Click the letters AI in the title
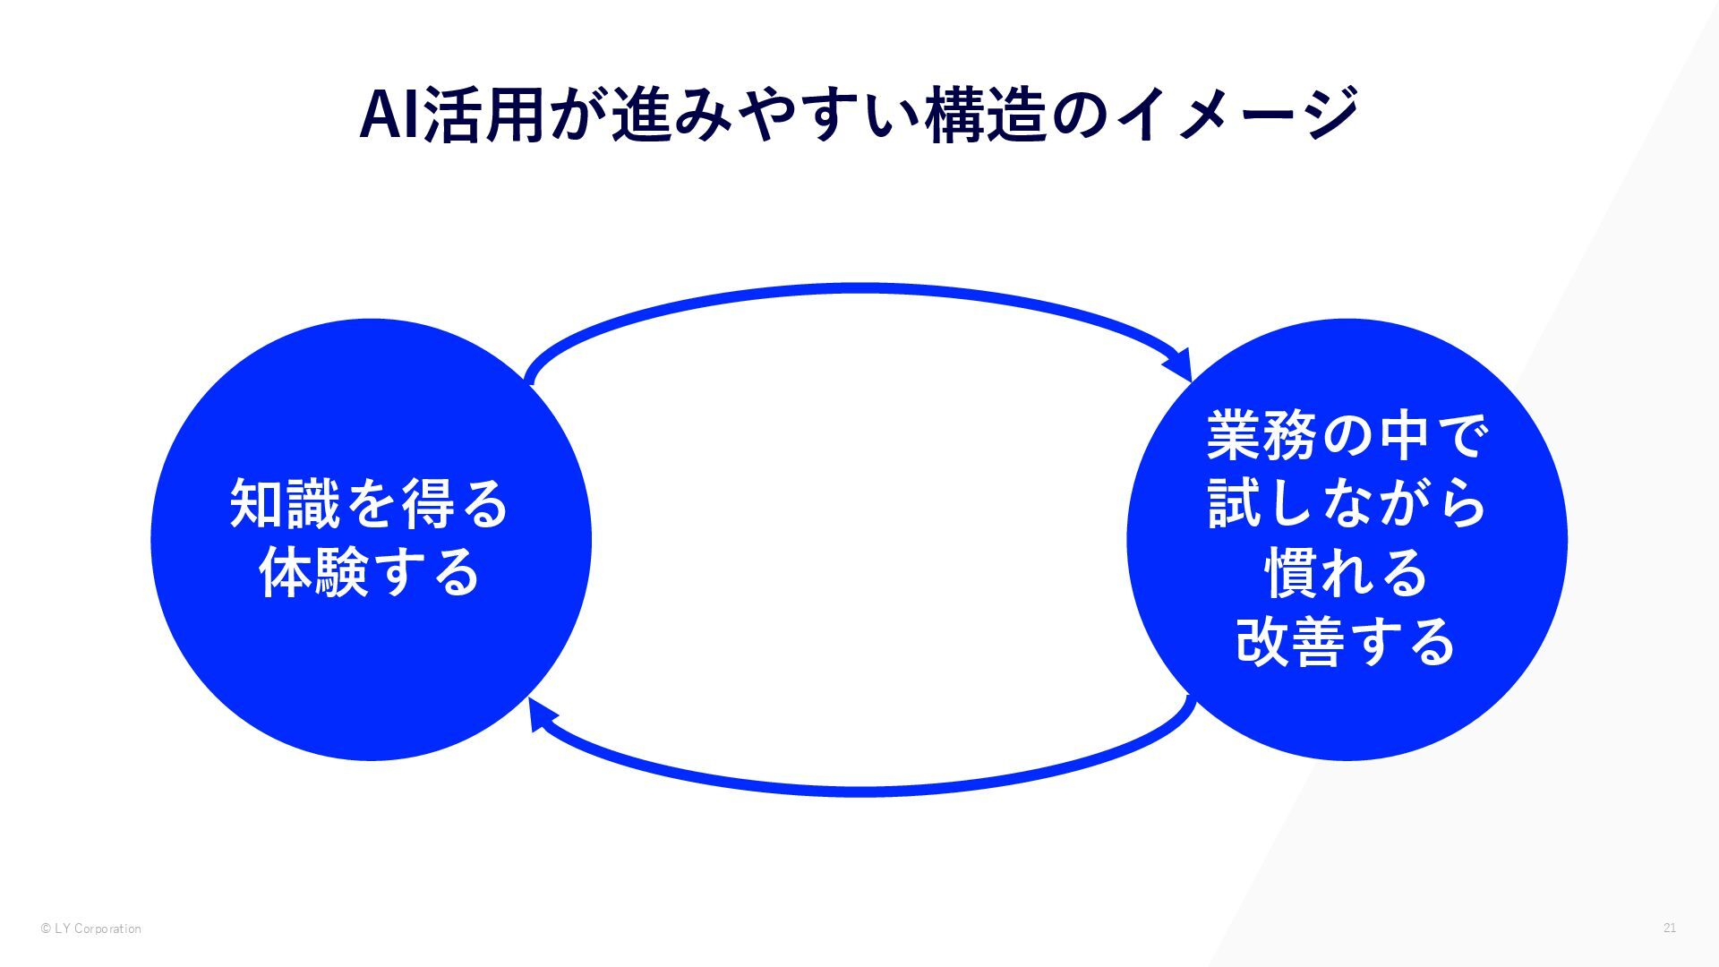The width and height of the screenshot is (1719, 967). tap(389, 115)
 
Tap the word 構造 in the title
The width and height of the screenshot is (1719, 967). tap(986, 115)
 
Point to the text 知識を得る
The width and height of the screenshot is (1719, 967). tap(370, 504)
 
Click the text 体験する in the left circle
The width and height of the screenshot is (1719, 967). tap(370, 573)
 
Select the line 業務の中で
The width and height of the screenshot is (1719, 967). tap(1347, 436)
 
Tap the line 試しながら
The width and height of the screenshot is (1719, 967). tap(1347, 504)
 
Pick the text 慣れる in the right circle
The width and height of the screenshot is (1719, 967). tap(1347, 573)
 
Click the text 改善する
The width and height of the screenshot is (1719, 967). tap(1347, 642)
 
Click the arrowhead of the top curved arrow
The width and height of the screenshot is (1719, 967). tap(1179, 364)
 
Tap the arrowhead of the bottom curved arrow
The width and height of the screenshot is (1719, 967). tap(540, 715)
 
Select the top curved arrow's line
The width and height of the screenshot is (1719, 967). tap(859, 288)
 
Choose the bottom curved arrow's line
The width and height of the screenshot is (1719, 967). tap(859, 792)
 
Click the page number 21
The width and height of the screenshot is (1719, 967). tap(1670, 928)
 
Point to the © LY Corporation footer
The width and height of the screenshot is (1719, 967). tap(90, 929)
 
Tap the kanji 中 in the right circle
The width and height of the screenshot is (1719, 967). tap(1403, 436)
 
